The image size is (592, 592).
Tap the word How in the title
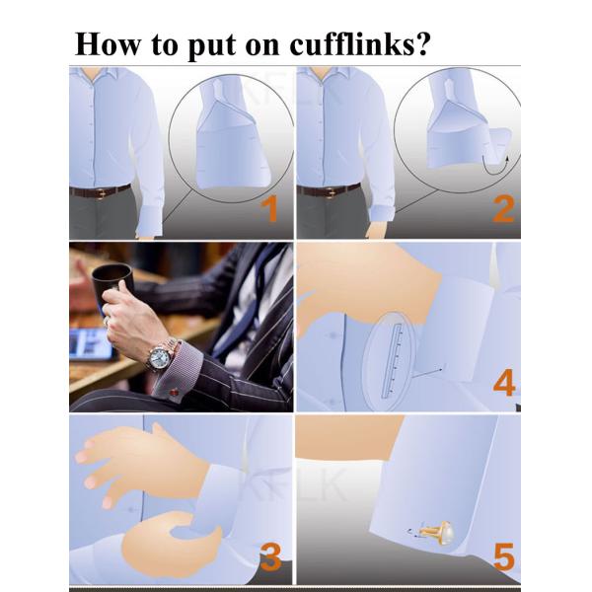(x=108, y=44)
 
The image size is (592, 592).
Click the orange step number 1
(x=270, y=209)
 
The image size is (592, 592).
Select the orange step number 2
(x=503, y=209)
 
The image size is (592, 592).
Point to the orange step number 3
(x=271, y=556)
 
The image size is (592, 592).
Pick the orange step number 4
(x=504, y=383)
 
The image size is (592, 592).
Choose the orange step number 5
(x=504, y=556)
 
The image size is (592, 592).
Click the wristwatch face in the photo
(x=158, y=357)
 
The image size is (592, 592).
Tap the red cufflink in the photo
(x=174, y=393)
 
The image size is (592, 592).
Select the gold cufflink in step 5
(x=438, y=532)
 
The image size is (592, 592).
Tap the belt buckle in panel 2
(x=330, y=192)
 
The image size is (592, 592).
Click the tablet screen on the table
(x=92, y=343)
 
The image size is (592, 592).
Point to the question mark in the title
(x=423, y=43)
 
